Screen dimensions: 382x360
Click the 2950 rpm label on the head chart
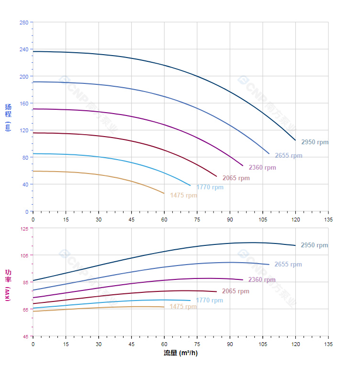pos(315,142)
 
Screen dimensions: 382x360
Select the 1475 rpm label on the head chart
pos(183,196)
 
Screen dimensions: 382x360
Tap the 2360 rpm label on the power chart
pos(261,280)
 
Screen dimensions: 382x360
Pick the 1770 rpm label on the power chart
pos(209,301)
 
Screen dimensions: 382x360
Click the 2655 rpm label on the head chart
pos(288,155)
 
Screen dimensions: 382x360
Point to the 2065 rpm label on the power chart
pos(236,291)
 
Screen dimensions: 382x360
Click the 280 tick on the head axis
pos(23,23)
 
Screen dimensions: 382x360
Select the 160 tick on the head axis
pos(23,104)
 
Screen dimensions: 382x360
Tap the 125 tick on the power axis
pos(23,229)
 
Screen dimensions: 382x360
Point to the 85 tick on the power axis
pos(25,283)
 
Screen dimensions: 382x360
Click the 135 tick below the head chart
pos(328,219)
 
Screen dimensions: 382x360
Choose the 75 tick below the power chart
pos(197,344)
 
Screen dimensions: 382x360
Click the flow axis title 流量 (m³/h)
pos(180,353)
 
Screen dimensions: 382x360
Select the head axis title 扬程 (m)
pos(8,117)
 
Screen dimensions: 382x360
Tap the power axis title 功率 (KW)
pos(8,285)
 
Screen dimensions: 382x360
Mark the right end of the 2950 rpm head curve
pos(295,140)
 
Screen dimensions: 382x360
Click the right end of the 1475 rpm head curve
pos(164,194)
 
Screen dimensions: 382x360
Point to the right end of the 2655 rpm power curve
pos(269,265)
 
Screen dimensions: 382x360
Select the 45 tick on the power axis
pos(25,336)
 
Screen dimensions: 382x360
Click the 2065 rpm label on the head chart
pos(236,178)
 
